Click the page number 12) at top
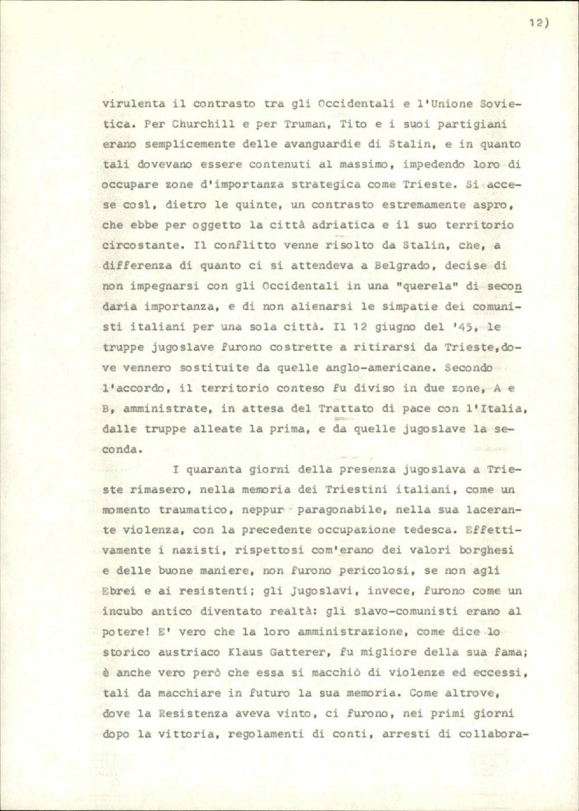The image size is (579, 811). coord(538,23)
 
